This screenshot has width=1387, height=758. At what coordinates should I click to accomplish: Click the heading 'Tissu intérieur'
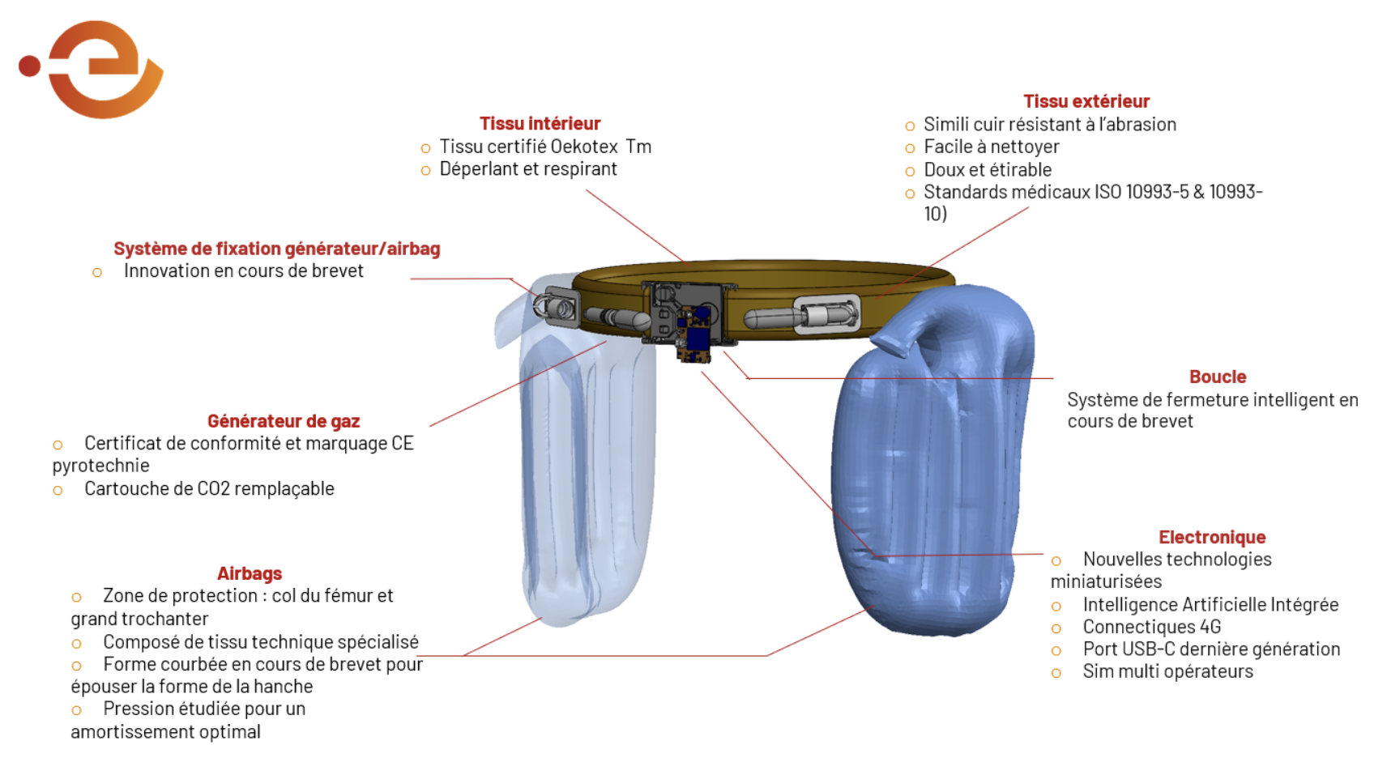tap(540, 124)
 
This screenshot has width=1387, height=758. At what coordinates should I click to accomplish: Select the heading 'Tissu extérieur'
tap(1086, 101)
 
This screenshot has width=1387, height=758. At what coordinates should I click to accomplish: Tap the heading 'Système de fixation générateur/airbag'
tap(277, 249)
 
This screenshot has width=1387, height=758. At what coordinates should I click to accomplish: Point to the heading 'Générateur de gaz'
tap(284, 421)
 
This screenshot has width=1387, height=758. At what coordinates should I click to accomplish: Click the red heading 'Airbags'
tap(250, 573)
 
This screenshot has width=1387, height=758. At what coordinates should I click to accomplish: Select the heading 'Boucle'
tap(1218, 377)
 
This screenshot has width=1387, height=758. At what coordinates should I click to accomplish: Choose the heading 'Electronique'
tap(1212, 537)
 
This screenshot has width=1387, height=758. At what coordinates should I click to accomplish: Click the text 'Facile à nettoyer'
tap(992, 147)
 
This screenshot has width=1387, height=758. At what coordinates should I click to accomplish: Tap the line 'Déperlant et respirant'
tap(528, 169)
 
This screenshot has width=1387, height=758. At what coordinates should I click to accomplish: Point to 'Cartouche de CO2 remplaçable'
tap(209, 489)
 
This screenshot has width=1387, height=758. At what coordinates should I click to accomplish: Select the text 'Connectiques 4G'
tap(1152, 627)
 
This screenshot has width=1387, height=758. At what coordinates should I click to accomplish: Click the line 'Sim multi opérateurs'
tap(1167, 671)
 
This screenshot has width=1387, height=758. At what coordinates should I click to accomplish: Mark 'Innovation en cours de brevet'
tap(243, 271)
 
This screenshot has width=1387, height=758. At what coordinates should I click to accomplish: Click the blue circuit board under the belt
tap(698, 337)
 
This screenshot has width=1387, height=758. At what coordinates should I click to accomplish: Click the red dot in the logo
tap(29, 66)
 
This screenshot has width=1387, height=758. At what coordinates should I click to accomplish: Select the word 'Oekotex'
tap(584, 147)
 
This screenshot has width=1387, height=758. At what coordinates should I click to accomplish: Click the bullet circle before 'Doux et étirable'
tap(910, 172)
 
